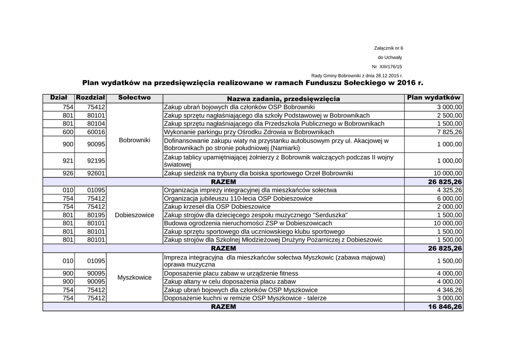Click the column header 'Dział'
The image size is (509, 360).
point(59,98)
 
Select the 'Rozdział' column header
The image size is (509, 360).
point(89,98)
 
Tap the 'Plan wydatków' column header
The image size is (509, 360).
point(433,98)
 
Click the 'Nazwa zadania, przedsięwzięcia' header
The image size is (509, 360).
point(283,98)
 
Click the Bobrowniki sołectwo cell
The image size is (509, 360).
point(134,140)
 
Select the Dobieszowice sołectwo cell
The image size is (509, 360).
point(134,215)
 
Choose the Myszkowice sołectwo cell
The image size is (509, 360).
point(134,277)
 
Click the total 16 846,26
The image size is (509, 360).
point(445,307)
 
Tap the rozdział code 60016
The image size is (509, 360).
point(96,132)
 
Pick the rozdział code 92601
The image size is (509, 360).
point(96,174)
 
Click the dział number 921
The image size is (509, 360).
point(68,161)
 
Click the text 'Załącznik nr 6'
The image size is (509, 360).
point(388,48)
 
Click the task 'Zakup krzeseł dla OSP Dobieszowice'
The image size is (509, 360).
point(217,207)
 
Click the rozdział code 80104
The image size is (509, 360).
point(96,123)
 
